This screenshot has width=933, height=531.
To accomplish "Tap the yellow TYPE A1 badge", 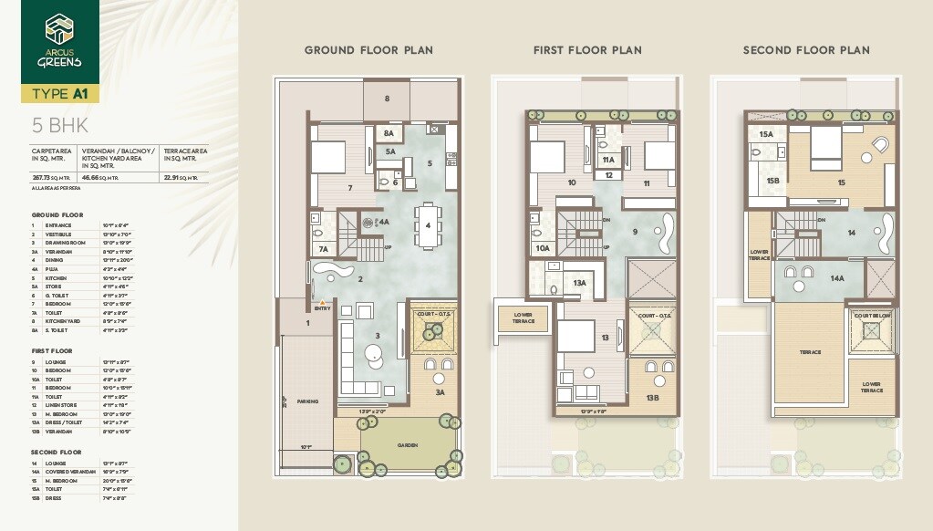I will tap(60, 94).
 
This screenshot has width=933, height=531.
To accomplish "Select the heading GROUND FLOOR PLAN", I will tap(368, 50).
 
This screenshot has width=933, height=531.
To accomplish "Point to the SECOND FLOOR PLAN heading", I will tap(805, 50).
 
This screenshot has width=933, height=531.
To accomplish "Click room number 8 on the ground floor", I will tap(387, 98).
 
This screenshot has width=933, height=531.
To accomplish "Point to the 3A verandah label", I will tap(440, 392).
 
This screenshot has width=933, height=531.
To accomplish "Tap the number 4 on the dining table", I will tap(427, 224).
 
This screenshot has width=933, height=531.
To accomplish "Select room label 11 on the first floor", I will tap(646, 183).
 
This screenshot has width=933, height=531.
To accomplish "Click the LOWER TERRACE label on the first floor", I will tap(524, 318).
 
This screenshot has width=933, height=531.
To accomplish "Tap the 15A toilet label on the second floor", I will tap(766, 134).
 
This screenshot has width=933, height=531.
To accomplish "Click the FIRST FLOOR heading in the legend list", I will tap(51, 350).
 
